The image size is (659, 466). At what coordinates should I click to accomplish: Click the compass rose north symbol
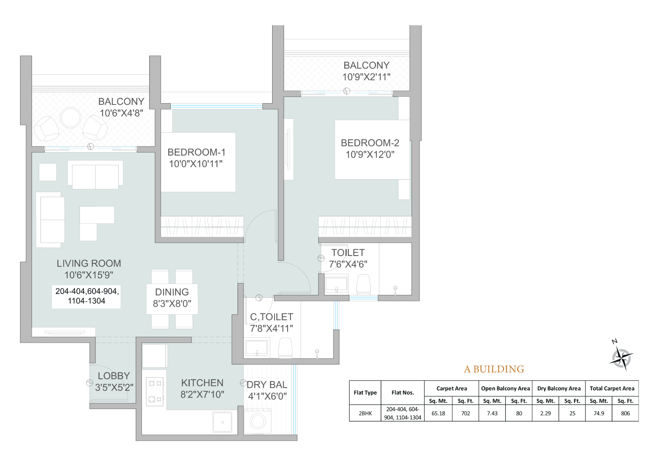click(621, 357)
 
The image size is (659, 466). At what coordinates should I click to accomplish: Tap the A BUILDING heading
click(494, 369)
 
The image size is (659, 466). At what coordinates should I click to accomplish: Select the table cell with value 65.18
click(438, 413)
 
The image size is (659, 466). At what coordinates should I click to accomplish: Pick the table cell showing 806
click(625, 413)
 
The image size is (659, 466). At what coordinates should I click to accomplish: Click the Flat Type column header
click(365, 393)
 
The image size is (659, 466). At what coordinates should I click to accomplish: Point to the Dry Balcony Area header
click(559, 389)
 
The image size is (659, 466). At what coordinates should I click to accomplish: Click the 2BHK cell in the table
click(365, 413)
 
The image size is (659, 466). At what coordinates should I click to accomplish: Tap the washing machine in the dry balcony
click(257, 421)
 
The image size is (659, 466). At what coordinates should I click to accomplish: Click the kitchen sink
click(222, 422)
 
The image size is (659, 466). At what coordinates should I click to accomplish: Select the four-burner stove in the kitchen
click(155, 391)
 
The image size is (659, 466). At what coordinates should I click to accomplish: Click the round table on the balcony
click(71, 118)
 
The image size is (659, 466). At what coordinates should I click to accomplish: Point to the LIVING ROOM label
click(89, 263)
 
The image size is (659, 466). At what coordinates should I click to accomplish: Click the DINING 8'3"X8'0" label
click(172, 298)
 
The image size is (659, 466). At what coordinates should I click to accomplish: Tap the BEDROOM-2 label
click(370, 143)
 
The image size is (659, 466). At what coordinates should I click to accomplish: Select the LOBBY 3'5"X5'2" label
click(114, 382)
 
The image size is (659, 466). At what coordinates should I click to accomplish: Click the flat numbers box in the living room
click(86, 296)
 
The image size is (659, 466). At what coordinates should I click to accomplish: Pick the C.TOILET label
click(272, 317)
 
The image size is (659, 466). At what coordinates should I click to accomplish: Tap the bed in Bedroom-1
click(198, 162)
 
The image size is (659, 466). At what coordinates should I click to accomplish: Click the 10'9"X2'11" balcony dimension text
click(366, 77)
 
